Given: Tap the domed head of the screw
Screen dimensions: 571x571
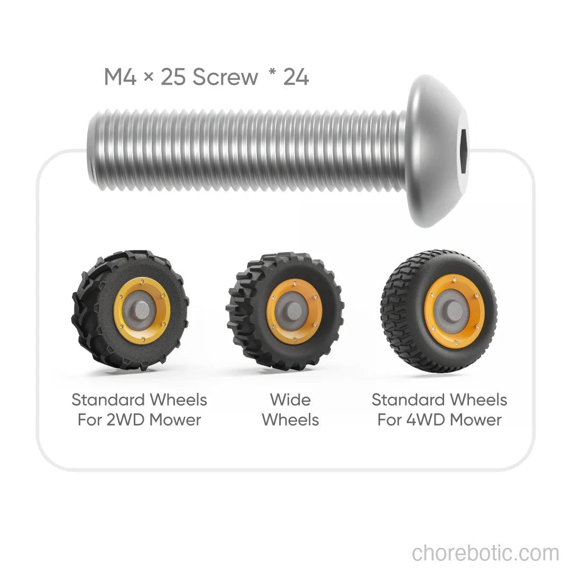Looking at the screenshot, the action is [x=437, y=151].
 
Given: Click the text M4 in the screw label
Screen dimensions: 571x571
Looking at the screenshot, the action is [x=120, y=77].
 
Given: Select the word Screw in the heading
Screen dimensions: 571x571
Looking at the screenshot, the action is [x=225, y=77].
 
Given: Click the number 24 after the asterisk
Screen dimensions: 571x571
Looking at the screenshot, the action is [x=296, y=77].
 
